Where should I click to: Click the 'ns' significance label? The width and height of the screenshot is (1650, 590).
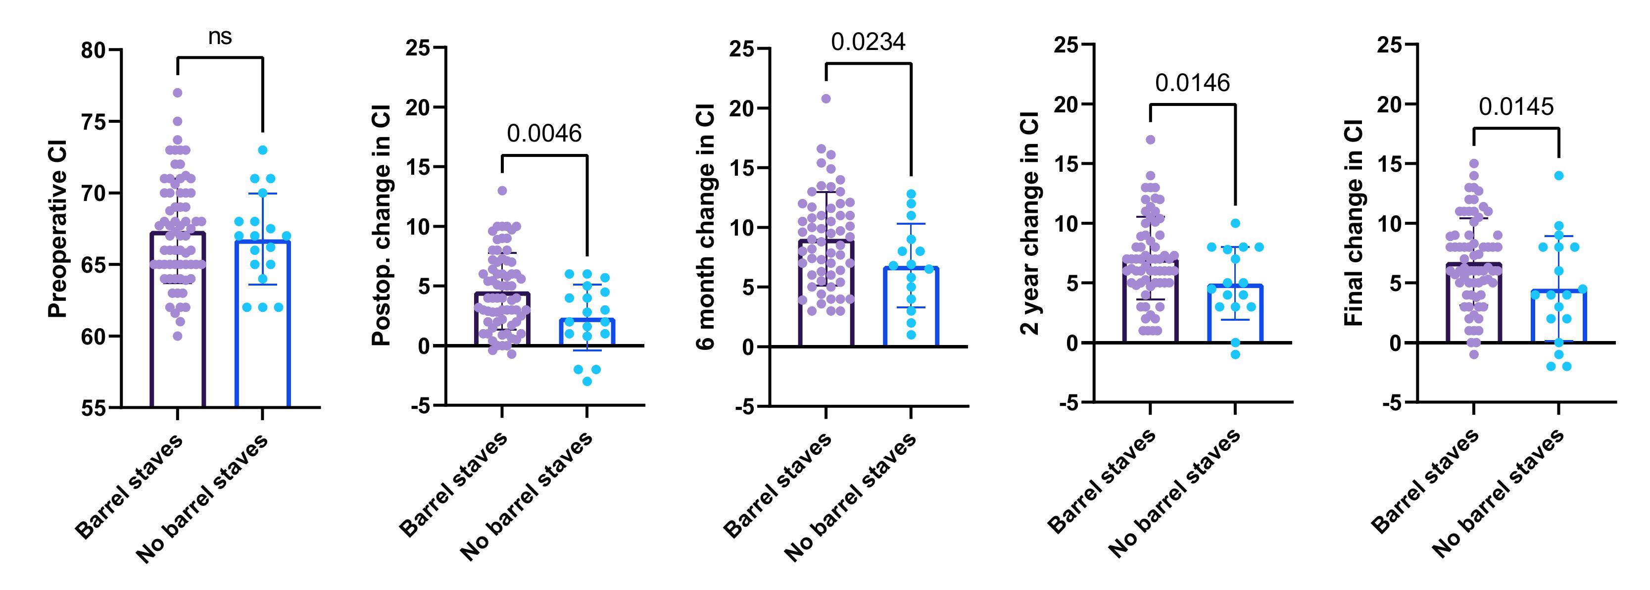(x=220, y=37)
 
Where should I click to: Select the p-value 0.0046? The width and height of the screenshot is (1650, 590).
(x=544, y=133)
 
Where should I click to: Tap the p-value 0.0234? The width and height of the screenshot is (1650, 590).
(x=869, y=42)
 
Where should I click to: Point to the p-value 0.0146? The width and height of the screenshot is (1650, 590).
(x=1193, y=83)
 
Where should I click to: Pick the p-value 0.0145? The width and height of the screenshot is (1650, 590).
(x=1516, y=106)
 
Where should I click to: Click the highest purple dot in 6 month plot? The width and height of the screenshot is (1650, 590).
(x=826, y=98)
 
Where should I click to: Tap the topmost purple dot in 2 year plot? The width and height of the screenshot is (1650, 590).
(x=1150, y=140)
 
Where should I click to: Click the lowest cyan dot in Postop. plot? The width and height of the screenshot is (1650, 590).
(x=587, y=382)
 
